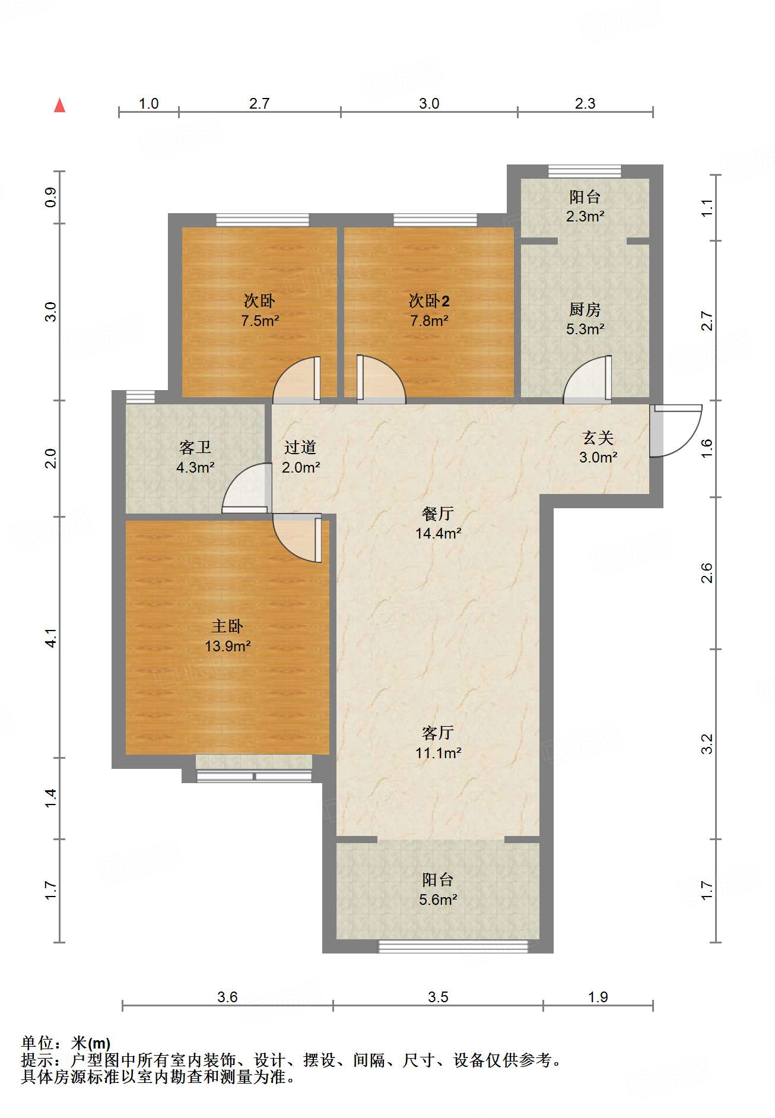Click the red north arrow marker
point(59,106)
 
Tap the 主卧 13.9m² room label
point(227,636)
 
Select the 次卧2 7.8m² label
point(428,311)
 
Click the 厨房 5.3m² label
point(585,319)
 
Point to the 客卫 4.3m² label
point(195,457)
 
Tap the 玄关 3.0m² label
point(598,447)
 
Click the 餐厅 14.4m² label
point(438,523)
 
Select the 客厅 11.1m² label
point(438,743)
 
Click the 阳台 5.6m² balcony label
point(438,889)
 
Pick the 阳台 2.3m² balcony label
point(585,206)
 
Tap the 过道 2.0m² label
point(300,457)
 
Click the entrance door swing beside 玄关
point(676,430)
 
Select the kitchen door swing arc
point(586,380)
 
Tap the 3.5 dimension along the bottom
point(438,997)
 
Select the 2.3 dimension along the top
point(585,103)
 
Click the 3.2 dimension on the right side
point(707,743)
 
